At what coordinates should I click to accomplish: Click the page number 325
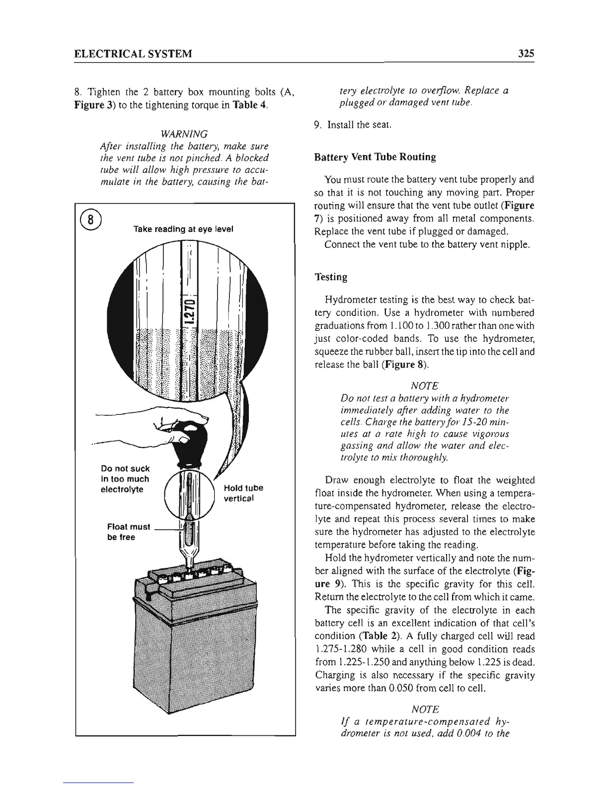[525, 53]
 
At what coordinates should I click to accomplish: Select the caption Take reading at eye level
[183, 229]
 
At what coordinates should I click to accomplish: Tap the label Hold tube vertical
[243, 493]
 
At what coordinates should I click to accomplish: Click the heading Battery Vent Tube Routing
[375, 157]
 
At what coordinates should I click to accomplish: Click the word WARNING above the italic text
[184, 134]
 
